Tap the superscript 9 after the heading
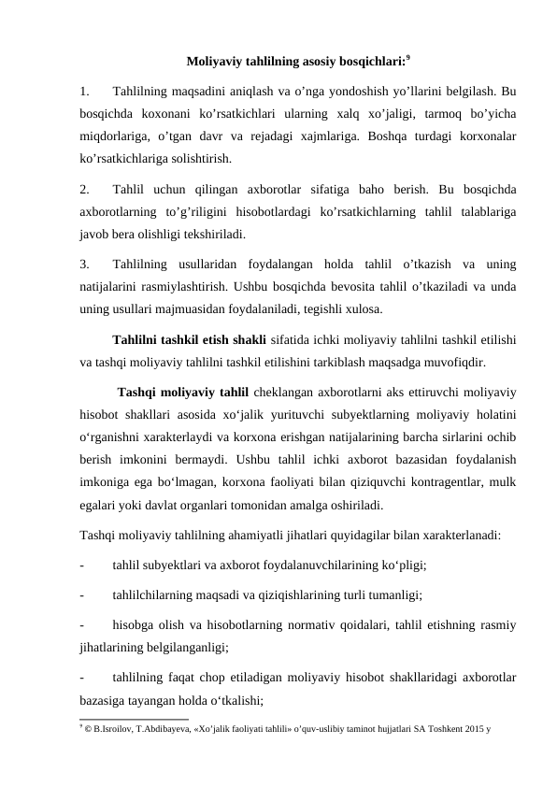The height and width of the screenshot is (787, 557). pos(409,59)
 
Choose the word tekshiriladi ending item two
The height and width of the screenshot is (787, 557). pos(219,233)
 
